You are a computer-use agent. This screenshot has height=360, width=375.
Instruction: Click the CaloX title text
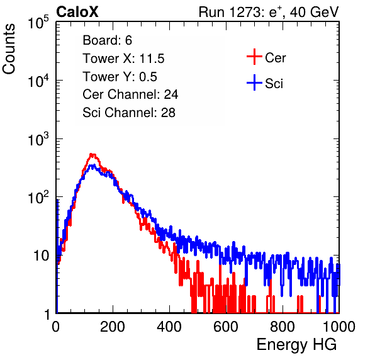(x=77, y=11)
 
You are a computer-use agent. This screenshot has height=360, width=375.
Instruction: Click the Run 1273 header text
(x=269, y=12)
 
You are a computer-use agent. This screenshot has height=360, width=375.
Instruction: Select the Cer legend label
(x=275, y=58)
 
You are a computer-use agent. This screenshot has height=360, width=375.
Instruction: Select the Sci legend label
(x=274, y=84)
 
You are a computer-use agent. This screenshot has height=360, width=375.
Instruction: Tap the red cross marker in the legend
(x=254, y=57)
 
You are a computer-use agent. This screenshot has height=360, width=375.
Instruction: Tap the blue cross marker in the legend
(x=254, y=83)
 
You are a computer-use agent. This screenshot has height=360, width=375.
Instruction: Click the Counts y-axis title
(x=9, y=49)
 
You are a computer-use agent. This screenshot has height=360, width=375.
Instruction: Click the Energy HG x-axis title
(x=296, y=345)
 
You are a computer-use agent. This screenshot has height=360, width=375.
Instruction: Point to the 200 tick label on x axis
(x=113, y=327)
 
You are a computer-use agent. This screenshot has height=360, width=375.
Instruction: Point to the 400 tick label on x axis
(x=169, y=327)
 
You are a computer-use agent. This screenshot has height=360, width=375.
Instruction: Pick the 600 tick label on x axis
(x=226, y=327)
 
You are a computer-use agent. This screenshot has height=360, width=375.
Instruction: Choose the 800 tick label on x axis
(x=283, y=327)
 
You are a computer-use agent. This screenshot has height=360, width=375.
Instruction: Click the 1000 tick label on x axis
(x=339, y=327)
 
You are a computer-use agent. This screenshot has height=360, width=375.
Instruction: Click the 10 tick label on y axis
(x=42, y=256)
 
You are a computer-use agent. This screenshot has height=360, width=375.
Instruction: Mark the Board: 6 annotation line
(x=108, y=40)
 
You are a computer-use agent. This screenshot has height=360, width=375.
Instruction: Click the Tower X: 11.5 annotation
(x=123, y=59)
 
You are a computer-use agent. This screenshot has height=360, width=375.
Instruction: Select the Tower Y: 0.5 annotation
(x=120, y=77)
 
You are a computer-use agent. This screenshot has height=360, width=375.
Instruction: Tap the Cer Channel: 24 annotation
(x=130, y=94)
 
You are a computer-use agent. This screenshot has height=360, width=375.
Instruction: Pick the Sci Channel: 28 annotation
(x=129, y=113)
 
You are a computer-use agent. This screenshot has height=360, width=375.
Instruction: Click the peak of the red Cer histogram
(x=92, y=155)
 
